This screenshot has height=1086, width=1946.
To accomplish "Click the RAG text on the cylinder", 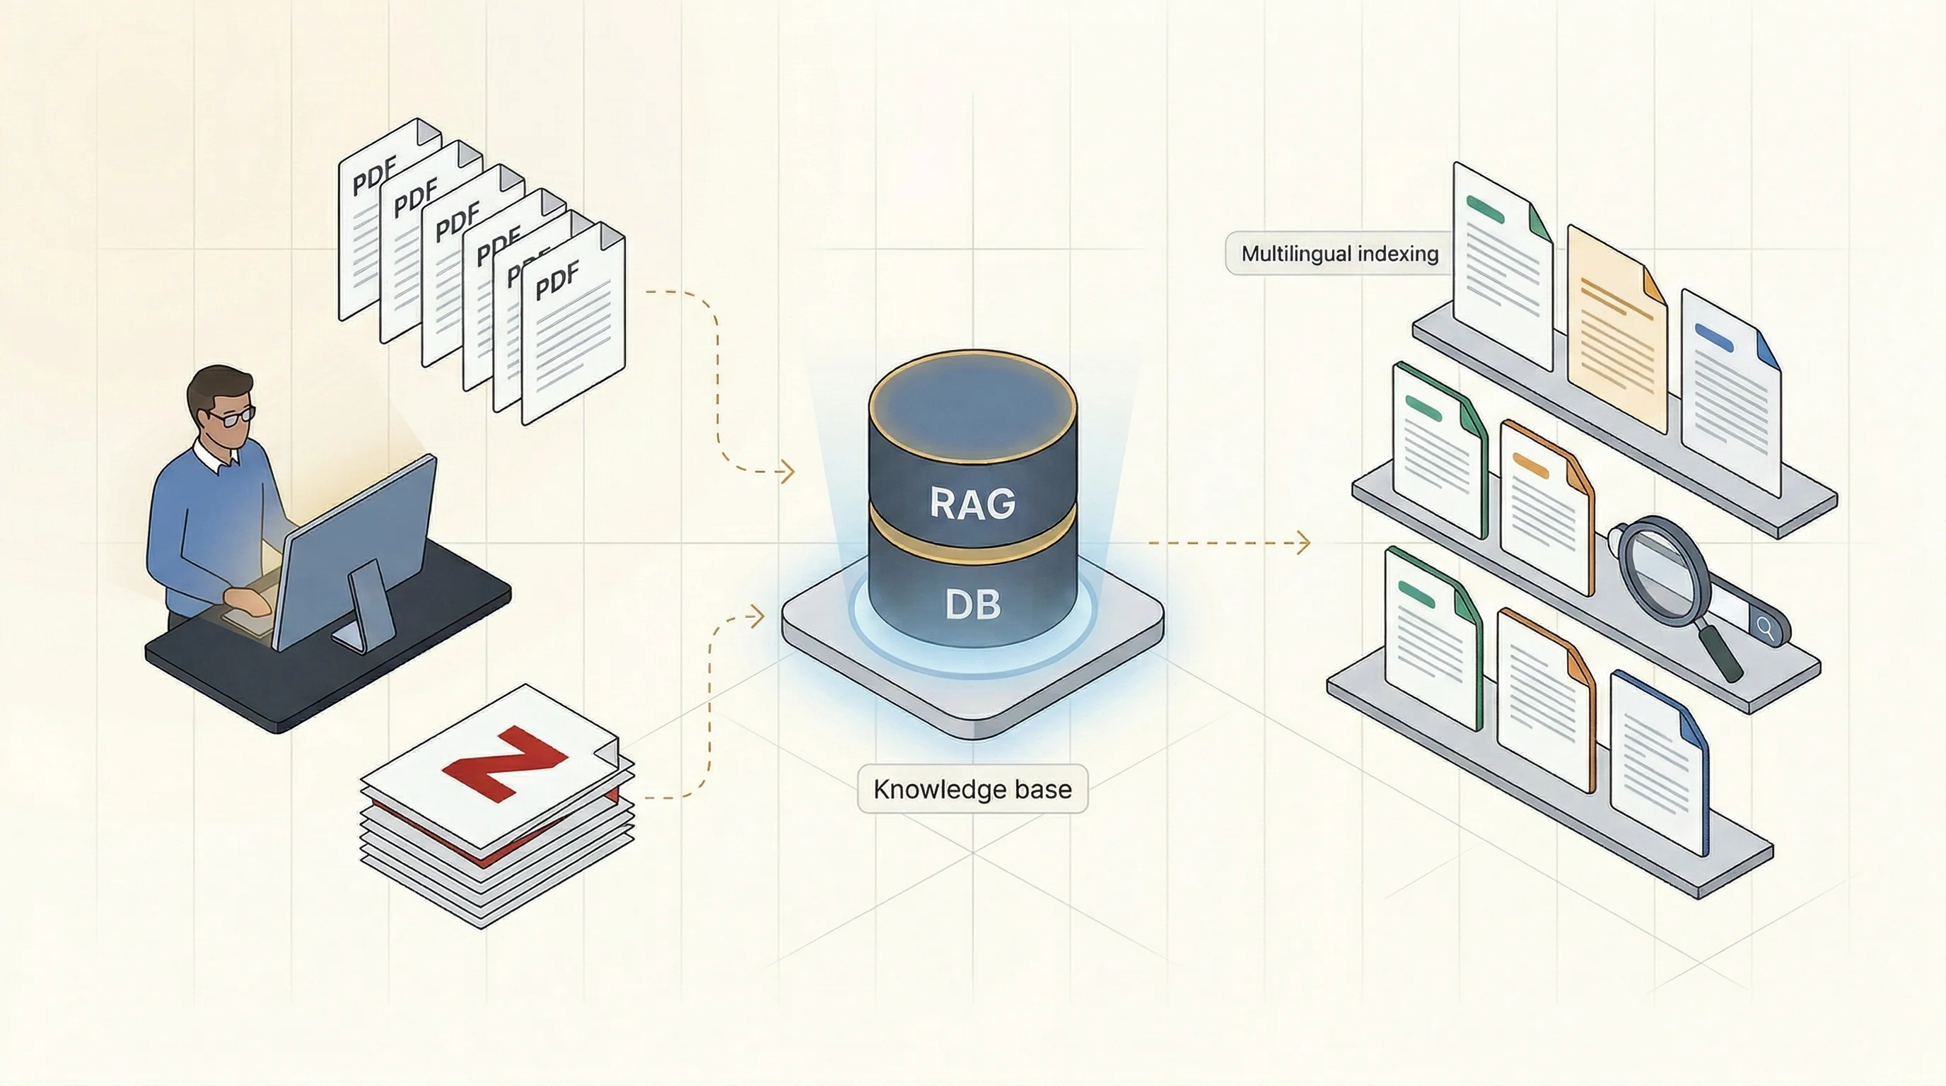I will click(972, 503).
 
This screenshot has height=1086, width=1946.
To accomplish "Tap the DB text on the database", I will click(972, 605).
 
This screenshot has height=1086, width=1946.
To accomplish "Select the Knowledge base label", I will click(972, 789).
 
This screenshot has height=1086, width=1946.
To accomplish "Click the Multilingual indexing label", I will click(1339, 254).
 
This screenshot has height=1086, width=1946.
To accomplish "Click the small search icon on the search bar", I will click(1766, 627).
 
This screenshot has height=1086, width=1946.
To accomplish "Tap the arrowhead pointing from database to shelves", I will click(1304, 542).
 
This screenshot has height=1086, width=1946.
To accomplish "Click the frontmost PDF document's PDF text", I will click(557, 279).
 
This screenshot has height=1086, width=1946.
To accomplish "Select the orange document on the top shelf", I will click(1616, 332).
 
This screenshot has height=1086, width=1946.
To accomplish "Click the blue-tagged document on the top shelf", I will click(1730, 392).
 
